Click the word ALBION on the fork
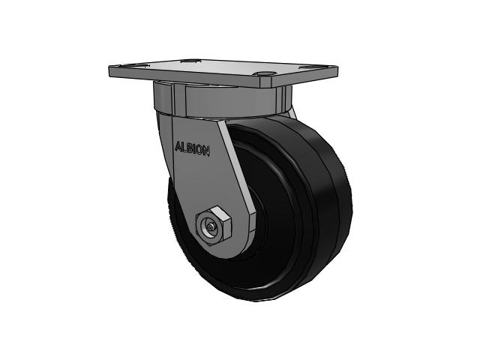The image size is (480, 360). tap(193, 148)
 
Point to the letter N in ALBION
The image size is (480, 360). tap(207, 149)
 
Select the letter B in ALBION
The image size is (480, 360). tap(189, 148)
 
